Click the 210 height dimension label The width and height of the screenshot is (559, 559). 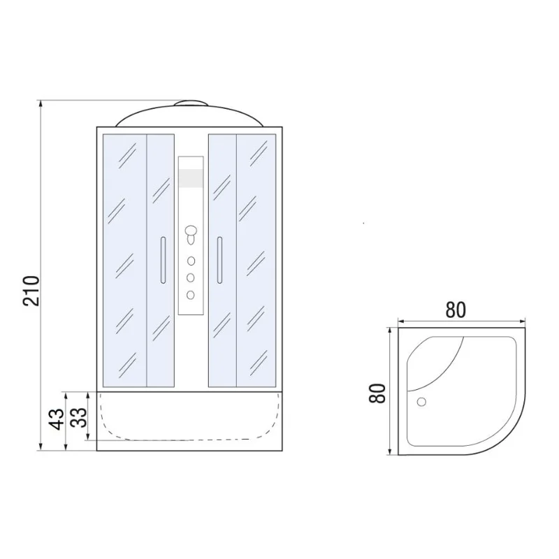31,291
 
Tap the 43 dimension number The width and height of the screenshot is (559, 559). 57,419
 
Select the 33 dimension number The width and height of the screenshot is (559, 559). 78,417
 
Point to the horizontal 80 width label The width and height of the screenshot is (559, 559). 456,310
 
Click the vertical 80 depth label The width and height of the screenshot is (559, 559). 377,393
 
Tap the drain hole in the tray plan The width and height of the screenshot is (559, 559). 421,402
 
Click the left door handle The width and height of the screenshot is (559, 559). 163,260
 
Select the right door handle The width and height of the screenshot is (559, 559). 219,260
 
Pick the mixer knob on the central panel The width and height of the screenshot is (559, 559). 191,234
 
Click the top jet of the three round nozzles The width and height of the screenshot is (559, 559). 191,261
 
